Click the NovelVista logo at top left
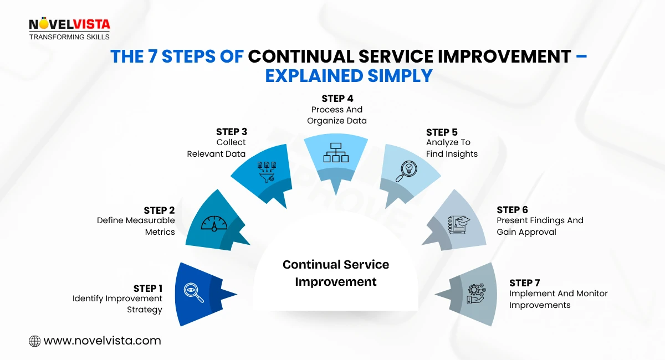[69, 29]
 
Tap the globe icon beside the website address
[34, 341]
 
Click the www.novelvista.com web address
[102, 341]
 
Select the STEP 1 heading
[148, 289]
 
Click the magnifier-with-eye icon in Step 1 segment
[193, 293]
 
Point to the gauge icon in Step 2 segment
[214, 223]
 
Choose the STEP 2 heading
[159, 210]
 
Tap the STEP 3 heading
[231, 132]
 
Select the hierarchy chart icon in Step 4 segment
[336, 152]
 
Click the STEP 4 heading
[337, 99]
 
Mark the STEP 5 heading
[441, 132]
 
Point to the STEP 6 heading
[512, 210]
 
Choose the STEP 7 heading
[525, 283]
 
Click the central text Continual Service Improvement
[336, 273]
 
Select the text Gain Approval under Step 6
[526, 232]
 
